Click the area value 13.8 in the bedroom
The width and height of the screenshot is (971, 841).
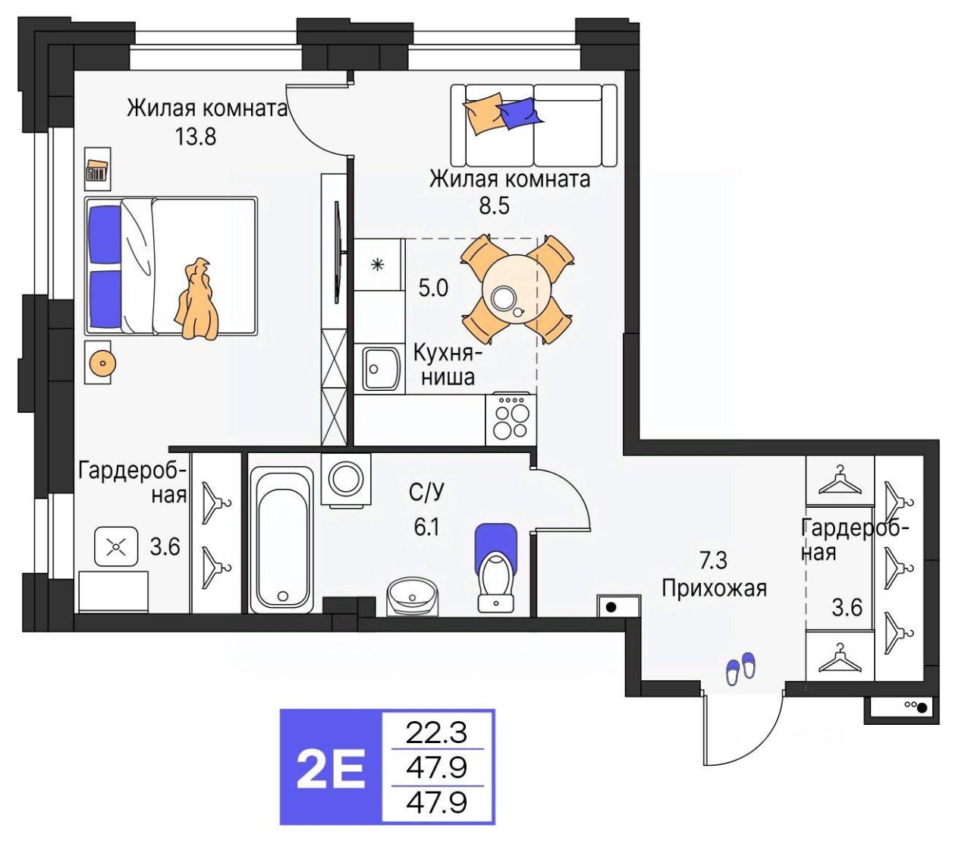[x=196, y=137]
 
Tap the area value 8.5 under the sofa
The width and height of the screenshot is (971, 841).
[x=494, y=205]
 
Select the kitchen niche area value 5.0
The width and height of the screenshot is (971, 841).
[x=433, y=288]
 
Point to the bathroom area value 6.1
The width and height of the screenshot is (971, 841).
[x=426, y=527]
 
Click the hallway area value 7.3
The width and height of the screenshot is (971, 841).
[x=712, y=560]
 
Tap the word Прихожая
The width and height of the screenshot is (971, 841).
[x=714, y=588]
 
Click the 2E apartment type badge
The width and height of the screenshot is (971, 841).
[x=331, y=767]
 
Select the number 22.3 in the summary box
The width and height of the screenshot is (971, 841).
[x=437, y=732]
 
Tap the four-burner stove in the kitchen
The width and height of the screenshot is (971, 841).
[x=511, y=420]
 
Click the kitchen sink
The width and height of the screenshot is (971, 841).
[x=379, y=369]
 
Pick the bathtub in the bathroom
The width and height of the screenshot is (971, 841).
[x=281, y=538]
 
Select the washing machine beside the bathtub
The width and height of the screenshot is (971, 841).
[x=346, y=480]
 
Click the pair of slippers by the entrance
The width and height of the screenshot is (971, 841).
[x=740, y=668]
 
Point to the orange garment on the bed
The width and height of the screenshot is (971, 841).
[x=197, y=300]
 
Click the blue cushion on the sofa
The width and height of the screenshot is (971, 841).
[x=520, y=112]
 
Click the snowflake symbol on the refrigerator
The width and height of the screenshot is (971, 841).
[x=377, y=265]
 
